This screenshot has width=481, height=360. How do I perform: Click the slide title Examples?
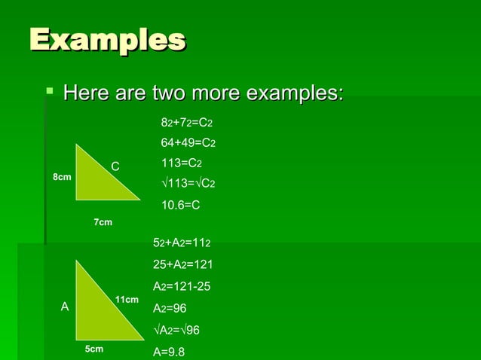[x=107, y=39]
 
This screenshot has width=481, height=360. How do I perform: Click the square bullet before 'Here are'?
[x=51, y=93]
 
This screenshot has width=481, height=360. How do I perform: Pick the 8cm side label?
[x=62, y=177]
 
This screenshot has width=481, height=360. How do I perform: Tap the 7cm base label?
[x=103, y=222]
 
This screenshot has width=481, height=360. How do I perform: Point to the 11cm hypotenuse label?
[x=127, y=300]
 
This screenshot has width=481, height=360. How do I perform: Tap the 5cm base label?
[x=93, y=349]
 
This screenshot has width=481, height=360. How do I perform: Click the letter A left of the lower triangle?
[x=64, y=307]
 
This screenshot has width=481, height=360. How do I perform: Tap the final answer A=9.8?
[x=169, y=351]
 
